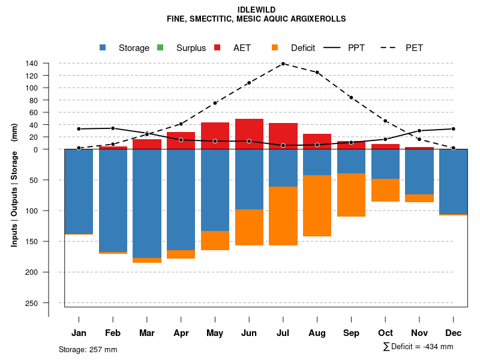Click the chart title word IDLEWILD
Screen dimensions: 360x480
256,10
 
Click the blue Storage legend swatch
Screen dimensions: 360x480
103,47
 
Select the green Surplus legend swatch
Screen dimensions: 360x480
160,47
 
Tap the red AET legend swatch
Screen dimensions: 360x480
217,47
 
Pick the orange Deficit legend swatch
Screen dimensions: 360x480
275,47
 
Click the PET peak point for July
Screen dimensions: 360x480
283,63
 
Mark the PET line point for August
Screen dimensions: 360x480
317,73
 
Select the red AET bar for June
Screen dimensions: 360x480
249,134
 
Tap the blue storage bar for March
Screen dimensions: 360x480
147,203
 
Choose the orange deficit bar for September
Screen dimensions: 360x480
351,195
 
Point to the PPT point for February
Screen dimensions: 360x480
113,128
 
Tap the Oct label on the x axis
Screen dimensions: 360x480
385,333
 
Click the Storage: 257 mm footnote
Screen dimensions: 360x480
88,349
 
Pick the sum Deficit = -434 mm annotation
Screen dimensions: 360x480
418,347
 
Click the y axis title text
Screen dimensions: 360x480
14,185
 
